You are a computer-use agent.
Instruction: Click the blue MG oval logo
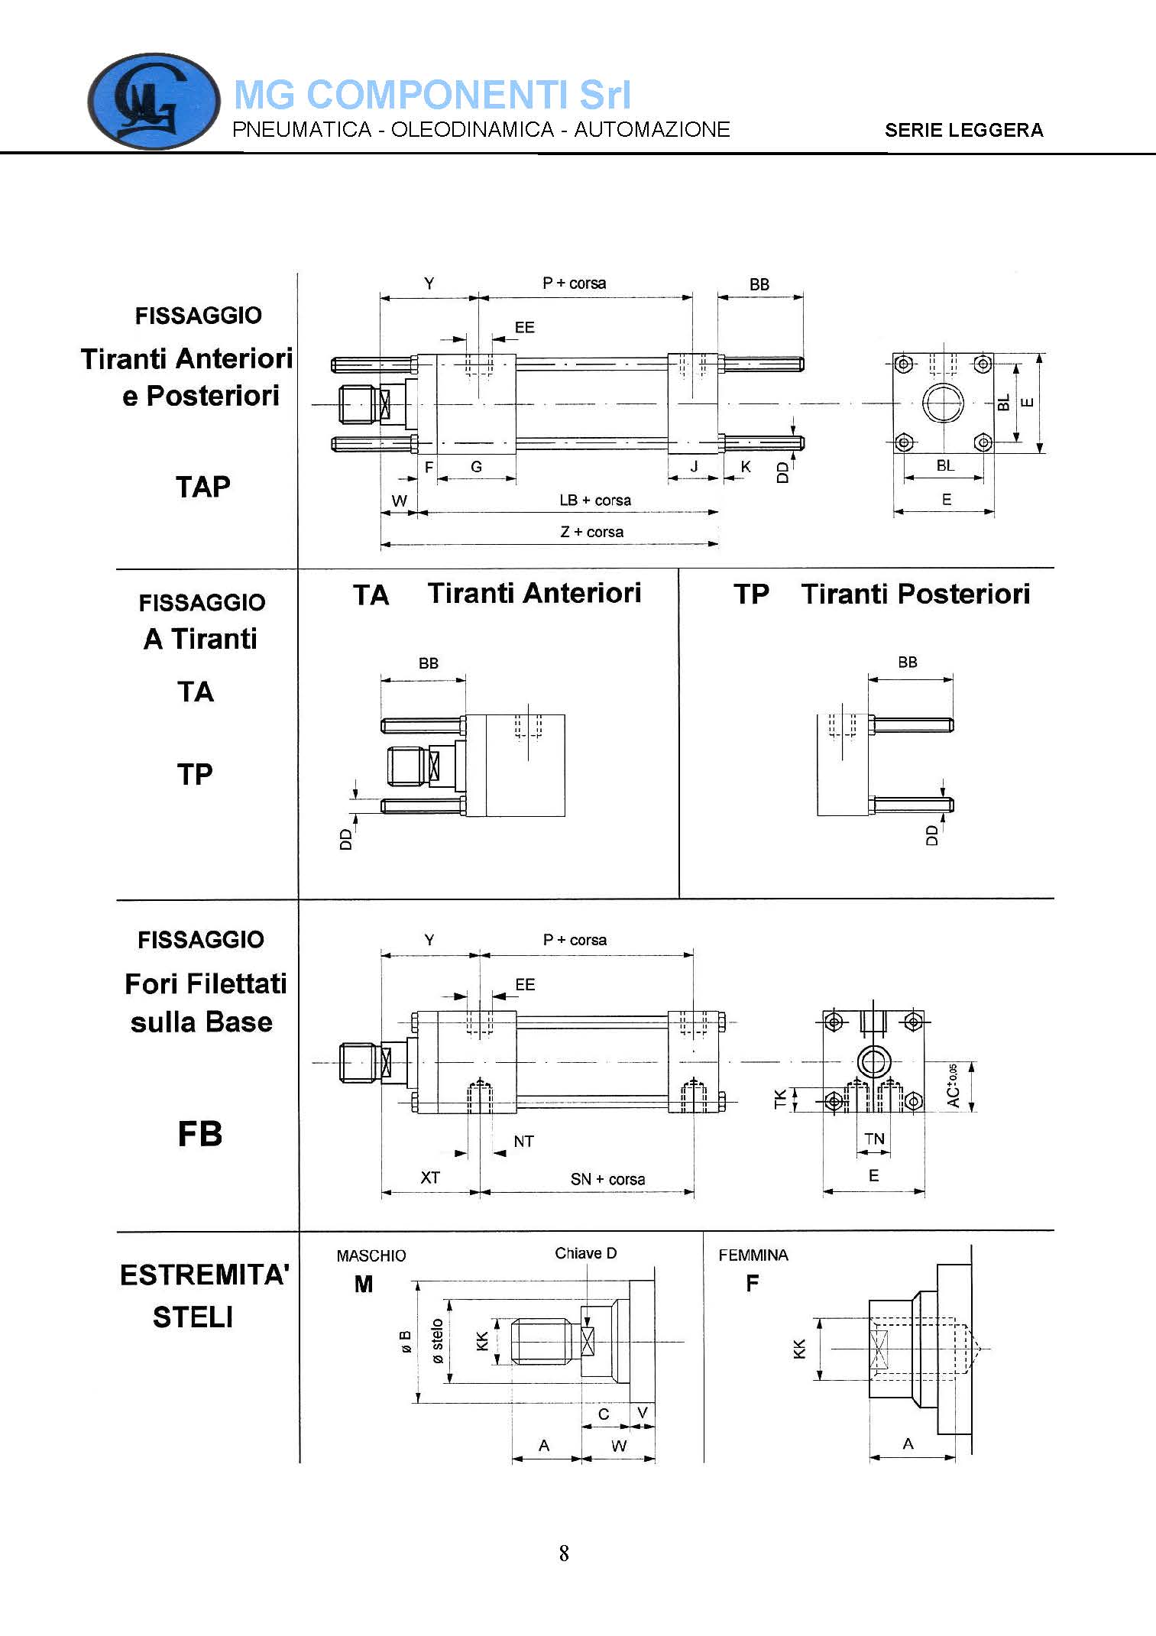(x=154, y=101)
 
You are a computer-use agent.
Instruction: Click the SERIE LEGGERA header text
(x=964, y=130)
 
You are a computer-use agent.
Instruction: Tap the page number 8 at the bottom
(x=564, y=1553)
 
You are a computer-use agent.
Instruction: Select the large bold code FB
(x=200, y=1133)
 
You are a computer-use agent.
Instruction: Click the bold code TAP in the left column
(x=203, y=487)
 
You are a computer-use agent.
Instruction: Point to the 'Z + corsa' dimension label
(x=592, y=532)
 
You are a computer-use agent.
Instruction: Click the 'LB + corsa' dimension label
(x=595, y=501)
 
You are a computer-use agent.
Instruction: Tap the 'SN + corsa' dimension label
(x=607, y=1179)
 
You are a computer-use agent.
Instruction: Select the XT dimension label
(x=430, y=1178)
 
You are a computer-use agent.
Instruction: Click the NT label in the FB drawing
(x=523, y=1142)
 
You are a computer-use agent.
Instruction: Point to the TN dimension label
(x=874, y=1139)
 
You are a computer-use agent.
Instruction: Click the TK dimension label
(x=780, y=1099)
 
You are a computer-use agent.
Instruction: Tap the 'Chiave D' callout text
(x=585, y=1253)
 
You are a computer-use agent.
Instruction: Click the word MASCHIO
(x=371, y=1255)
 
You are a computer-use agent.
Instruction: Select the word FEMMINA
(x=753, y=1255)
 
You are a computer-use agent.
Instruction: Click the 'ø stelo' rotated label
(x=437, y=1341)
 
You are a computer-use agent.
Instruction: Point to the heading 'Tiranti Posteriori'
(x=915, y=594)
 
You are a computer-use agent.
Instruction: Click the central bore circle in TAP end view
(x=943, y=403)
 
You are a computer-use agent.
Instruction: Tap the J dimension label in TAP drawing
(x=694, y=466)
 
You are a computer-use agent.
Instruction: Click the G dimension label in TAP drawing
(x=477, y=466)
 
